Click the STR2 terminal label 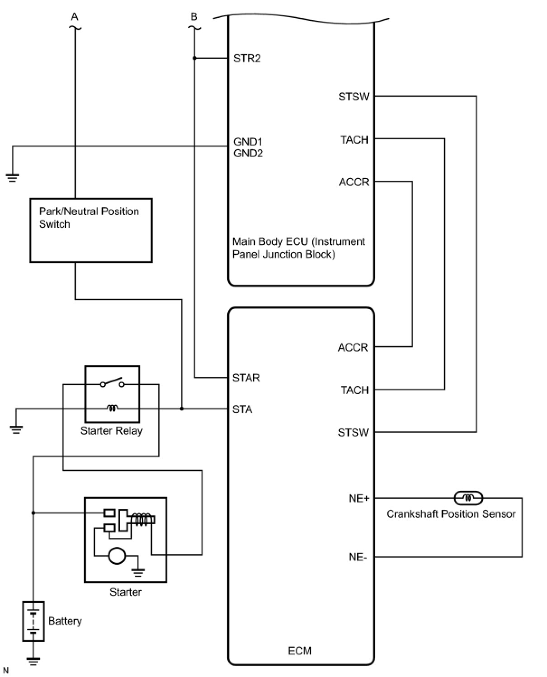click(247, 58)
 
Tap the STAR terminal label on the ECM click(246, 378)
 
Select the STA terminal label click(242, 409)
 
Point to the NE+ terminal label click(359, 498)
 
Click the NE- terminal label click(358, 557)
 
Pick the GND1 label click(248, 142)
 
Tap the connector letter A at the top click(75, 17)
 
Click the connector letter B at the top click(194, 17)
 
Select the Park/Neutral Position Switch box click(90, 230)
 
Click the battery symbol click(33, 621)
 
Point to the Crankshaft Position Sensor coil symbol click(468, 498)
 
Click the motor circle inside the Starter click(117, 555)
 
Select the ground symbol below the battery click(33, 661)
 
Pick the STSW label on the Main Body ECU click(354, 97)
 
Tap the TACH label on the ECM click(354, 390)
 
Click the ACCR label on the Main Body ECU click(354, 182)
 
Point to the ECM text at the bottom click(300, 651)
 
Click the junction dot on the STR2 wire click(194, 58)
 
